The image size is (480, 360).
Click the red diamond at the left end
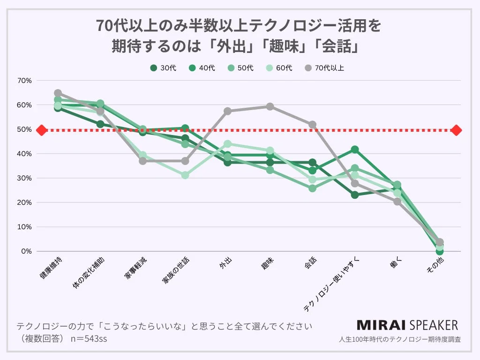pos(41,130)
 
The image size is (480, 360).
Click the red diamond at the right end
pos(457,130)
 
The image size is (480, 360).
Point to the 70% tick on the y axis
pos(24,81)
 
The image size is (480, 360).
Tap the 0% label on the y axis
pos(26,251)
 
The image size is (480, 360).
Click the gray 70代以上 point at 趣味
pos(270,107)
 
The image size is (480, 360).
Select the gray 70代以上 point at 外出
pos(228,111)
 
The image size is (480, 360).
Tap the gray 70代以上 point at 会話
pos(312,125)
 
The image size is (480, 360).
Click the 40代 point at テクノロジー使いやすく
pos(355,150)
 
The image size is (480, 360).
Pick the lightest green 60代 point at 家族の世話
pos(185,175)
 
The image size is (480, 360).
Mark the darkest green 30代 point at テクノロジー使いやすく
pos(355,195)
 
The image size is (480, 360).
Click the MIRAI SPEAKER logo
pos(407,325)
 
